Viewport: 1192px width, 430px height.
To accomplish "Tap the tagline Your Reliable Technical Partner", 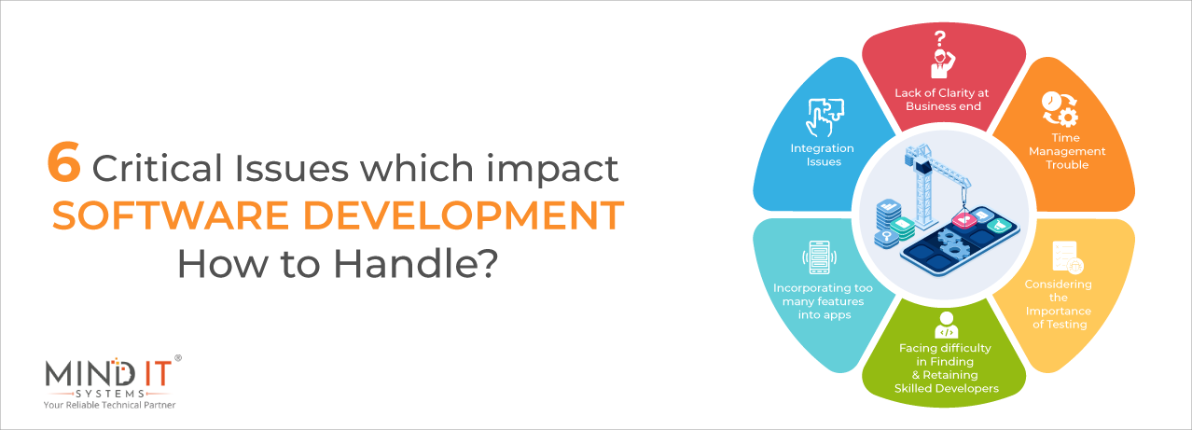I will pyautogui.click(x=110, y=406).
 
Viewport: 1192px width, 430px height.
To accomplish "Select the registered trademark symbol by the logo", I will pyautogui.click(x=178, y=358).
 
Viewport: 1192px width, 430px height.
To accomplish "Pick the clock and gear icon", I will pyautogui.click(x=1060, y=109).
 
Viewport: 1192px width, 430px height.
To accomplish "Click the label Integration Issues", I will pyautogui.click(x=823, y=155).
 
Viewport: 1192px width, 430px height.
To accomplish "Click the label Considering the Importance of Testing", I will pyautogui.click(x=1058, y=304).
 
